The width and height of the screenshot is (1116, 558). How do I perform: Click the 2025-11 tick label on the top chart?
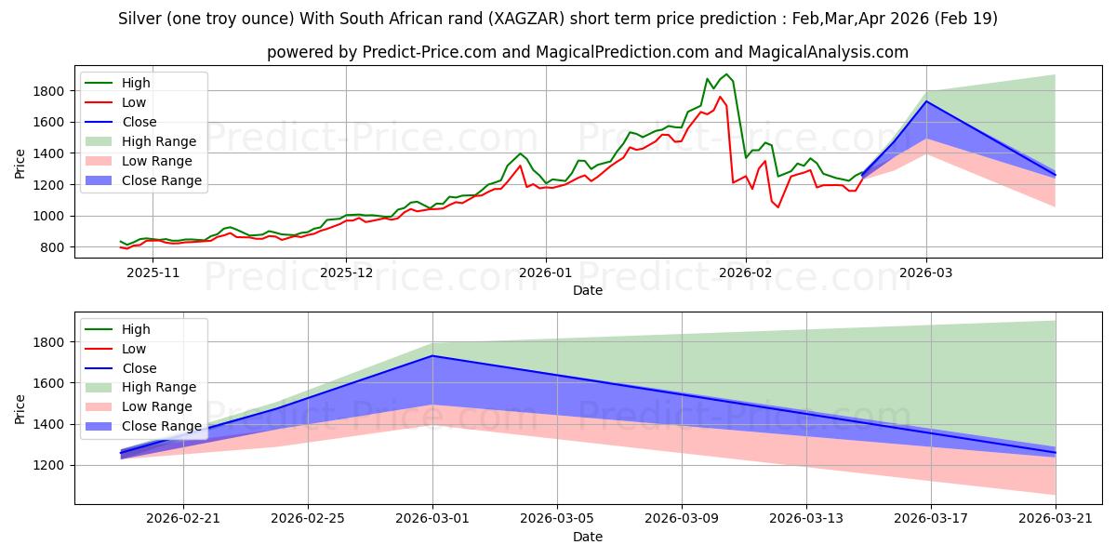point(153,273)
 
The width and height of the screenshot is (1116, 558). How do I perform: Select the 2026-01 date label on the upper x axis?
point(546,273)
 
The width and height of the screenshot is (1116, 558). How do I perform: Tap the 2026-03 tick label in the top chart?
point(926,273)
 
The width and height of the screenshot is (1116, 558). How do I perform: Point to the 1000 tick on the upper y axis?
point(49,216)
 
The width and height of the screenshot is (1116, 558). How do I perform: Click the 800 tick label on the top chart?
point(54,247)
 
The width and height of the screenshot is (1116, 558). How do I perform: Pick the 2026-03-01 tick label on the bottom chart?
point(432,519)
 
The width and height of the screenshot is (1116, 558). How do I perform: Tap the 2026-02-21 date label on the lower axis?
point(183,519)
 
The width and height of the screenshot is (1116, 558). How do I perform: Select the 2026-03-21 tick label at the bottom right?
point(1056,519)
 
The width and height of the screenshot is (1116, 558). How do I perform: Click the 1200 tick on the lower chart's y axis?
point(49,465)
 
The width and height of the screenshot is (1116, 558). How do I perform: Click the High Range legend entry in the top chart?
point(143,141)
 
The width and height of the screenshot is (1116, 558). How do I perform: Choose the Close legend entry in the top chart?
point(121,122)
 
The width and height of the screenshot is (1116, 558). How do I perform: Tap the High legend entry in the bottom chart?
point(118,329)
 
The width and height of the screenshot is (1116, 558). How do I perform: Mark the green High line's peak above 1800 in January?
point(726,74)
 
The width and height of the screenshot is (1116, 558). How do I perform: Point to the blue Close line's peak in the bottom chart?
point(432,355)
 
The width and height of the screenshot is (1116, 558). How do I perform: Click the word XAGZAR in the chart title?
point(526,19)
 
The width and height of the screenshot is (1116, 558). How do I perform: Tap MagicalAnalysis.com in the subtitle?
point(828,52)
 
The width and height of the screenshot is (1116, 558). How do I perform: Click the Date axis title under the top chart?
point(588,290)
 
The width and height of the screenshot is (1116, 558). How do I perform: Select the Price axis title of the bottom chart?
point(20,409)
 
